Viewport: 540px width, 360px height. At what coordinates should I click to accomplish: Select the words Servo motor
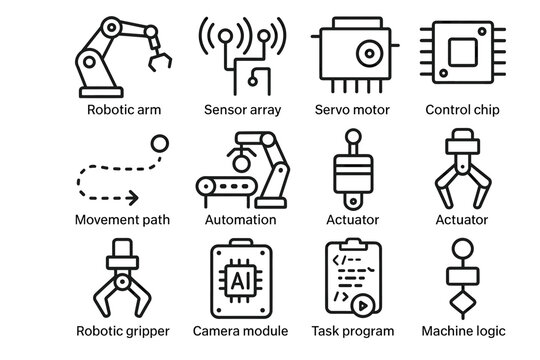[352, 109]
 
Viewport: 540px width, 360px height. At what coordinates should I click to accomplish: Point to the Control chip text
[463, 109]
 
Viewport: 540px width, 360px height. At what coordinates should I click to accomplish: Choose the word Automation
[240, 220]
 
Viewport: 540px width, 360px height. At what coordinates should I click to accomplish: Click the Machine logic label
[462, 331]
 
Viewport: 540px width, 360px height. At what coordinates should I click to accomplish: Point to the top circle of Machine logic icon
[462, 247]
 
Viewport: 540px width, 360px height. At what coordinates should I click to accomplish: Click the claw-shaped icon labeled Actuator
[462, 165]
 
